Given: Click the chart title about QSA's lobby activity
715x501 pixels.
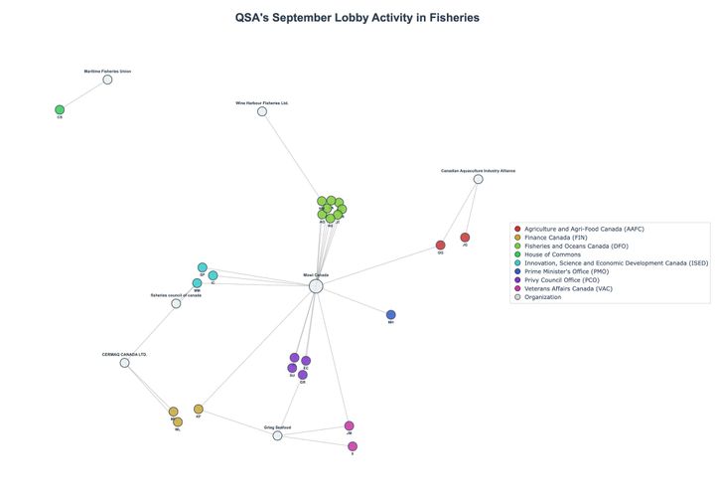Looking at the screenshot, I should point(357,18).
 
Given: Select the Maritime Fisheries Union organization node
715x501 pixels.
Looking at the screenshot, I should point(107,80).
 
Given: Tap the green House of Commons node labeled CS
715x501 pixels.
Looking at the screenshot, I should point(60,109).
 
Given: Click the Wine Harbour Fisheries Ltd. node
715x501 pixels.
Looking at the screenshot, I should point(262,111).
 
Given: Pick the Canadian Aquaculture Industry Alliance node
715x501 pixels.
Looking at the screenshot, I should point(478,179).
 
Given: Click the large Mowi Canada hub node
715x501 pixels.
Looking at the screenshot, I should point(316,286).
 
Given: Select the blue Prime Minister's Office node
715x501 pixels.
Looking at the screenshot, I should point(390,315).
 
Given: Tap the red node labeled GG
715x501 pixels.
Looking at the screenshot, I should point(441,246).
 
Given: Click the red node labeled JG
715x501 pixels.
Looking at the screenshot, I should point(465,238).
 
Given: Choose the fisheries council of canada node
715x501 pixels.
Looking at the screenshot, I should point(176,303).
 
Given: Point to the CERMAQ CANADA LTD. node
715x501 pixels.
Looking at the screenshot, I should point(124,363).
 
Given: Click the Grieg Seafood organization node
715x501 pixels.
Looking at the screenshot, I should point(277,435).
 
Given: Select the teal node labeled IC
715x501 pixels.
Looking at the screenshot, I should point(213,275).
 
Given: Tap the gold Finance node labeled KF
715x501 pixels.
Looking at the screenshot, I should point(199,409).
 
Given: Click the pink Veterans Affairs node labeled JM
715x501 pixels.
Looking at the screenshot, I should point(349,425).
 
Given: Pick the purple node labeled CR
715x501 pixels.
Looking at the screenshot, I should point(303,375).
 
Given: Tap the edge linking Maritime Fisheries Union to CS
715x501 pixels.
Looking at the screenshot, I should point(83,94).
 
